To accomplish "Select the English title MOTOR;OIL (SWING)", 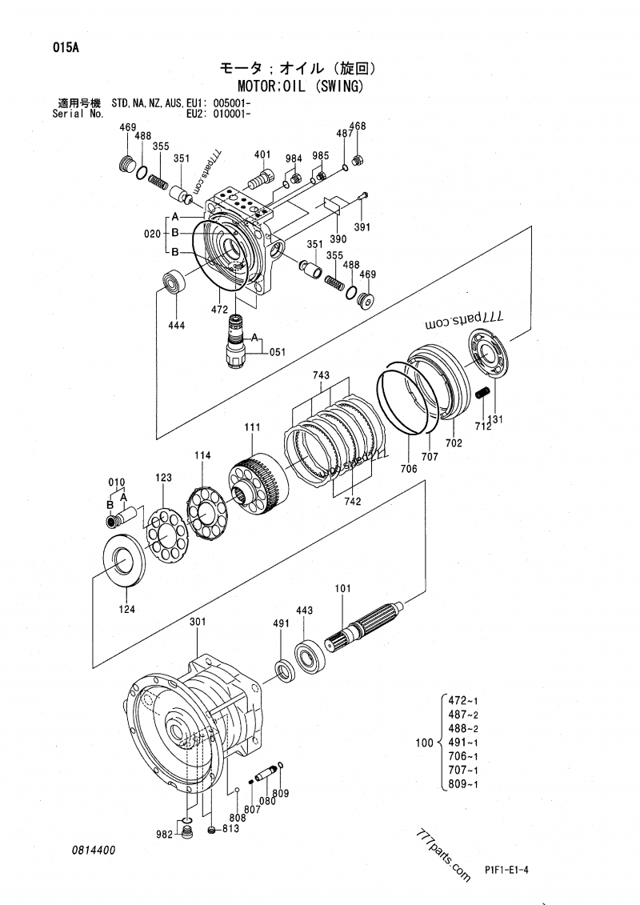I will tap(301, 86).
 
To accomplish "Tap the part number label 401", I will tap(262, 154).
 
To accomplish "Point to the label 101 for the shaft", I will tap(342, 590).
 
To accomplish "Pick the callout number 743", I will tap(321, 375).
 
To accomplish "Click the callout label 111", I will tap(252, 428).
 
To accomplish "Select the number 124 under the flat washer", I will tap(127, 609).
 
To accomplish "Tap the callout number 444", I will tap(176, 325).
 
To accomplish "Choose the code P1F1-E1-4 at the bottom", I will tap(508, 869).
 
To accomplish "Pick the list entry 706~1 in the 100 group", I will tap(463, 756).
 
